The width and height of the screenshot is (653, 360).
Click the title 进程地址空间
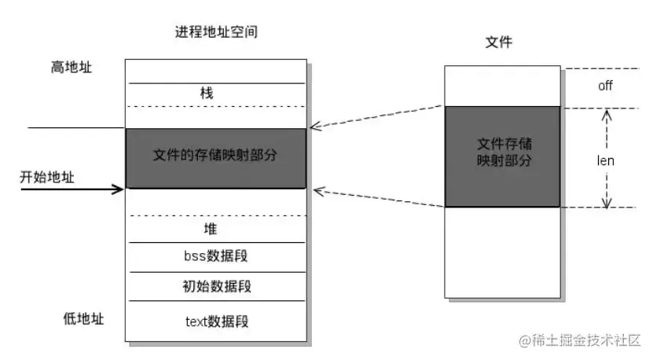click(x=216, y=33)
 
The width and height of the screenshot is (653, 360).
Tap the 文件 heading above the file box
click(x=500, y=42)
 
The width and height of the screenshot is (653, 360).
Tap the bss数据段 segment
click(x=215, y=257)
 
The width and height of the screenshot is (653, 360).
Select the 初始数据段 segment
click(x=215, y=285)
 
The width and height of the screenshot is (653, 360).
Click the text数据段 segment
click(x=215, y=321)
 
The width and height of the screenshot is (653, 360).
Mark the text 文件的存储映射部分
click(x=215, y=155)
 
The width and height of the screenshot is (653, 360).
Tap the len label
click(x=605, y=160)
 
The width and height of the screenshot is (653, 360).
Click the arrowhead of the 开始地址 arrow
click(x=120, y=188)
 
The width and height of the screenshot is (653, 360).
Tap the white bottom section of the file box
click(x=502, y=252)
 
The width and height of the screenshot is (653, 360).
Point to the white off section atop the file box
click(x=502, y=86)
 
